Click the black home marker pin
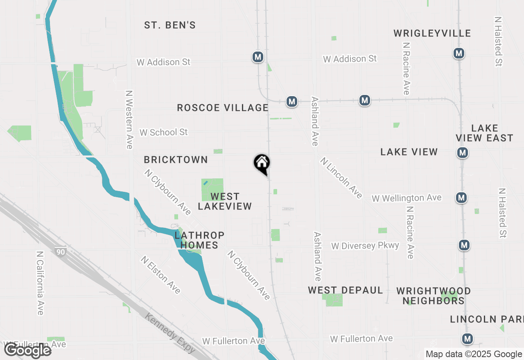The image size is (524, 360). [262, 164]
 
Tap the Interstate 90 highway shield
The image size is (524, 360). [61, 252]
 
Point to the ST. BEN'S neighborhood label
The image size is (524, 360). [170, 25]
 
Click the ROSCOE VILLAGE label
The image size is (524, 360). [223, 108]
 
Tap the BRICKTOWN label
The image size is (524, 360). [176, 160]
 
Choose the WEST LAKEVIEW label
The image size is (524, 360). [225, 201]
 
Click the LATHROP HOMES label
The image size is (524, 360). [199, 240]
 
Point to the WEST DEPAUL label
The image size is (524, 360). [346, 290]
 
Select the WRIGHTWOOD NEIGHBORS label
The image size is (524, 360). [434, 296]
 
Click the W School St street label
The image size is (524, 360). [163, 133]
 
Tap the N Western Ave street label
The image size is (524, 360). [130, 119]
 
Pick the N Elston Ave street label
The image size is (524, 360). [160, 275]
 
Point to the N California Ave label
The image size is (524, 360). [40, 283]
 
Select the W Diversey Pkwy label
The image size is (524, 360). [365, 246]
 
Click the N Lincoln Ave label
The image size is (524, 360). [341, 178]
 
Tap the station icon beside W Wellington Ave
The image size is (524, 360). [461, 198]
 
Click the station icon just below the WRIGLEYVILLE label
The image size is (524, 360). [458, 53]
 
